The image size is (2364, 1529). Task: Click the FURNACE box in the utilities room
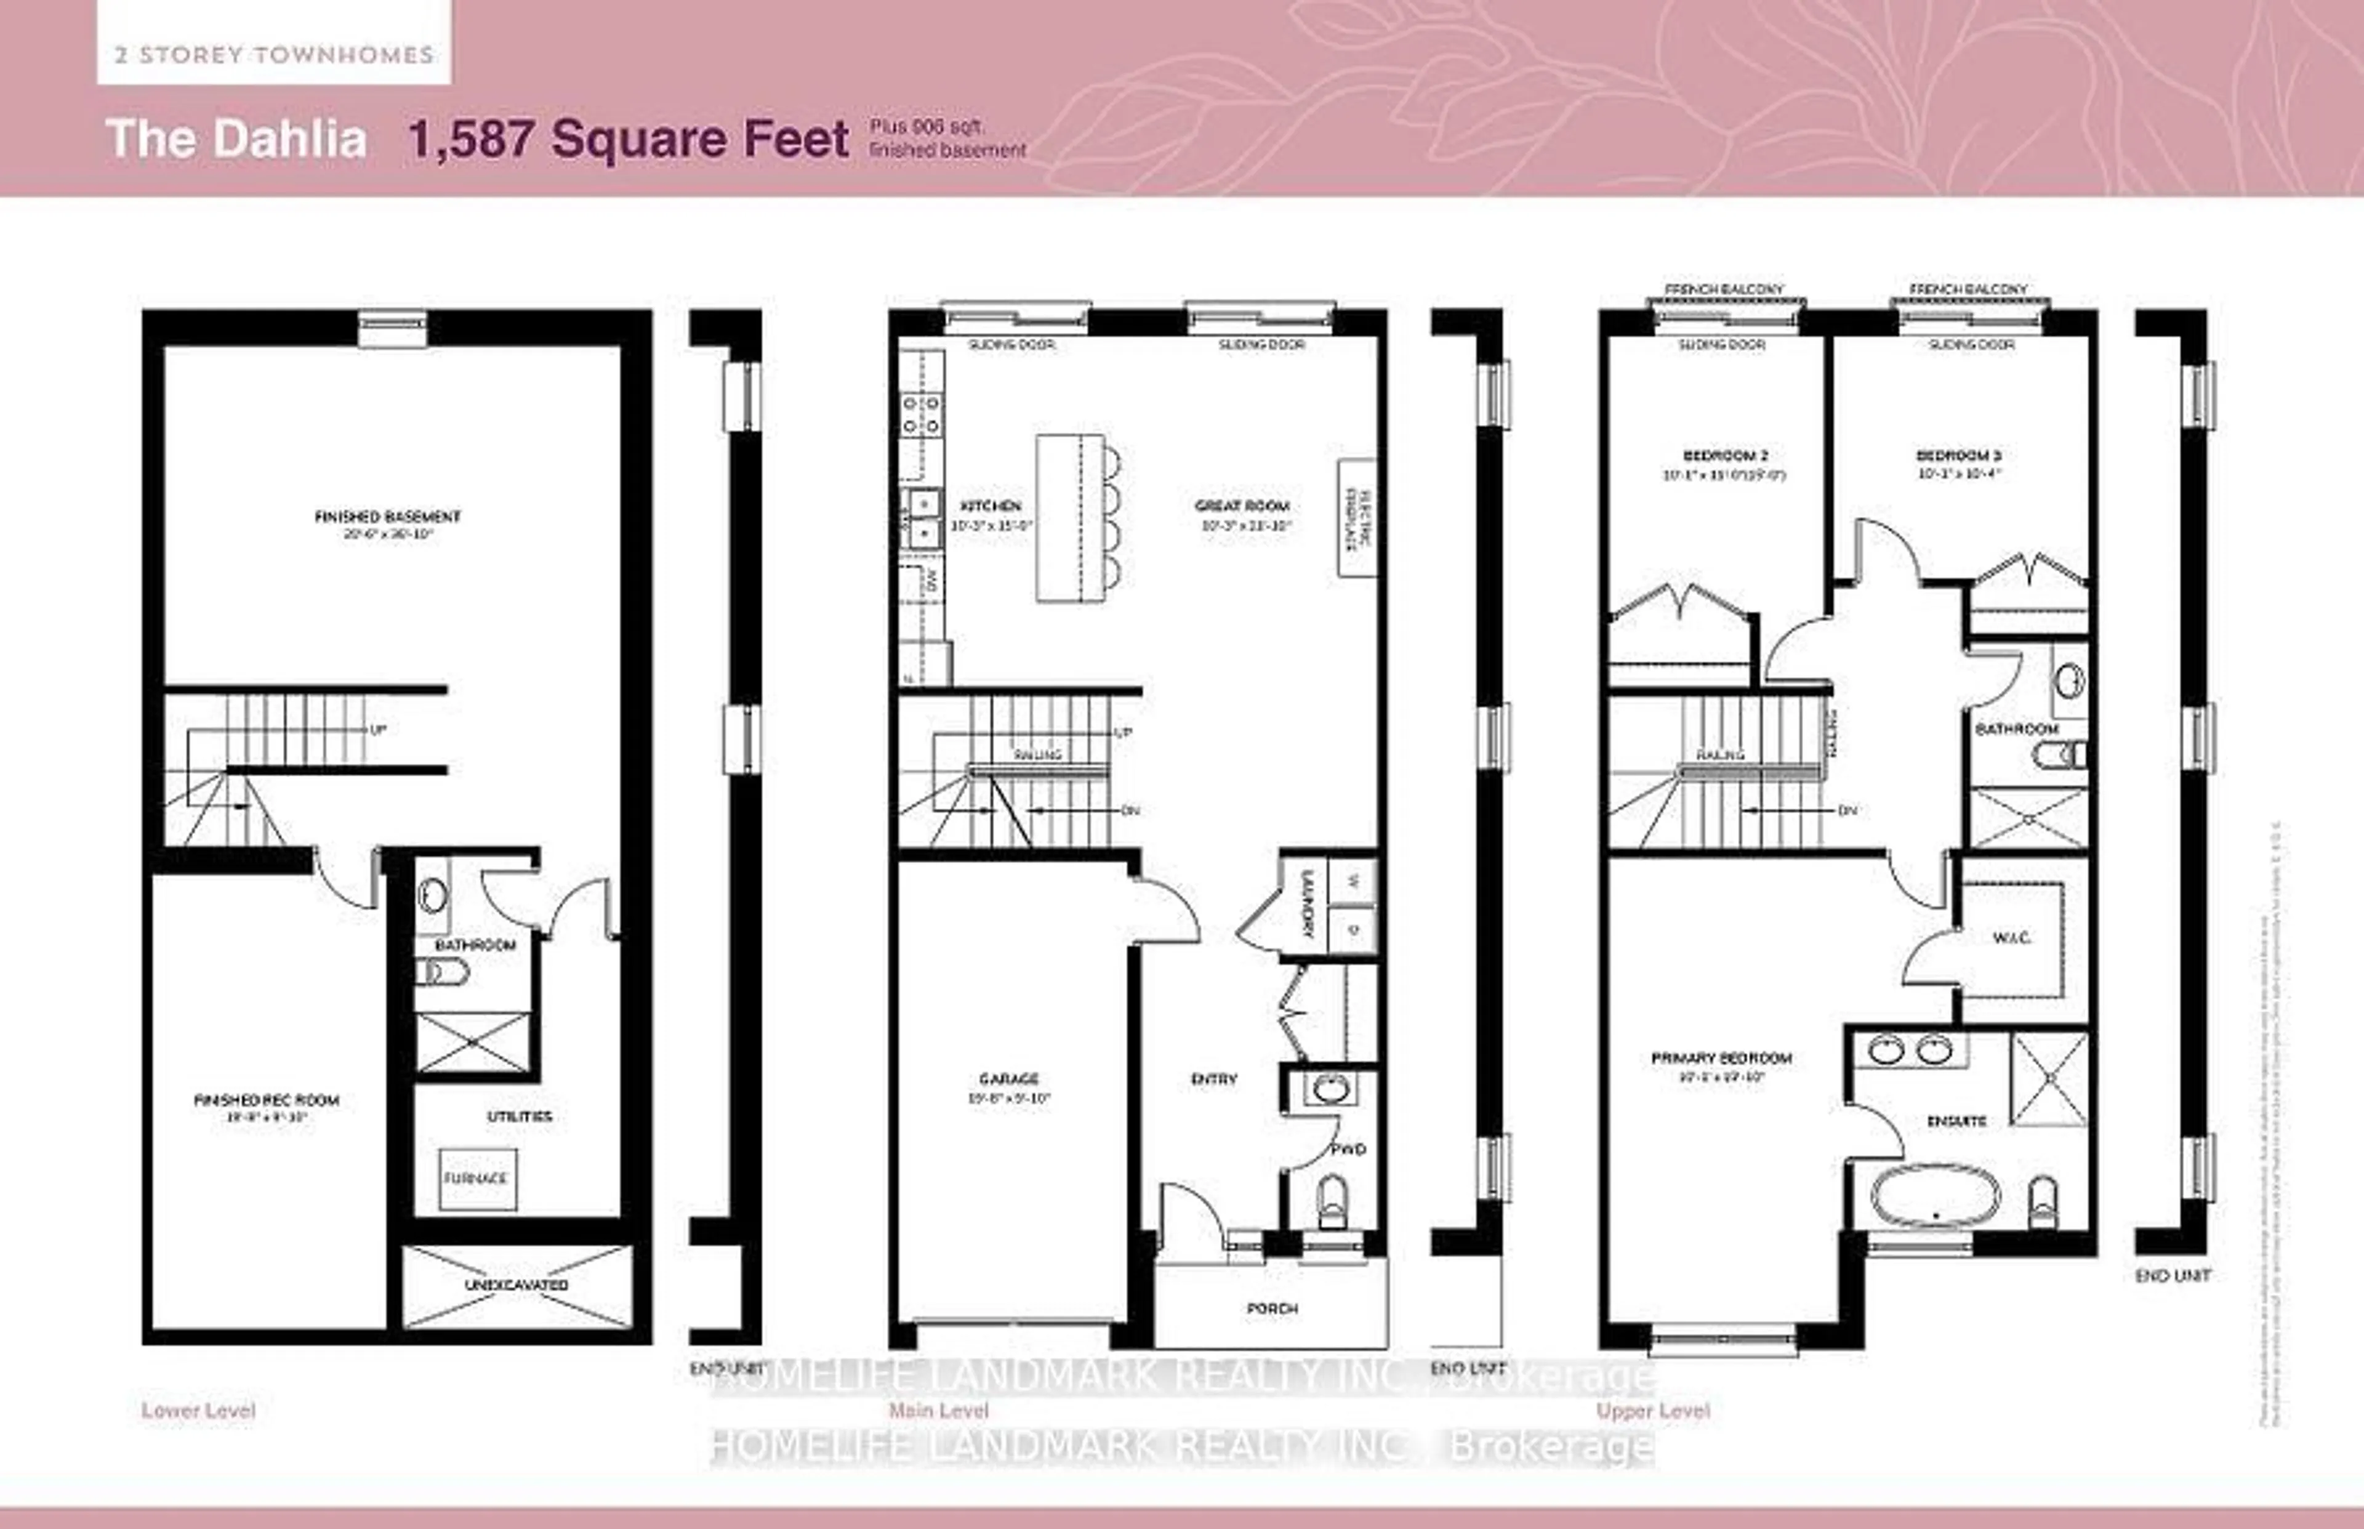coord(476,1179)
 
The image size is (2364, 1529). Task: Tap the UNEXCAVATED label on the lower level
coord(516,1285)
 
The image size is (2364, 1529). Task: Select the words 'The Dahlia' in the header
coord(236,139)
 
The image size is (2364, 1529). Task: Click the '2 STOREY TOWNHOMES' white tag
coord(274,55)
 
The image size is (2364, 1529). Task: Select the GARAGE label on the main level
coord(1008,1078)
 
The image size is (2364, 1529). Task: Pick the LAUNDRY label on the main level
coord(1307,905)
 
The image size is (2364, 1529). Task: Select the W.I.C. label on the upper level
coord(2012,937)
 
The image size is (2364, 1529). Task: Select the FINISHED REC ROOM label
coord(266,1100)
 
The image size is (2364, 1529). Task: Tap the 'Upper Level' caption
coord(1652,1411)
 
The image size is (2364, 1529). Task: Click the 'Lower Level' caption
coord(198,1411)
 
